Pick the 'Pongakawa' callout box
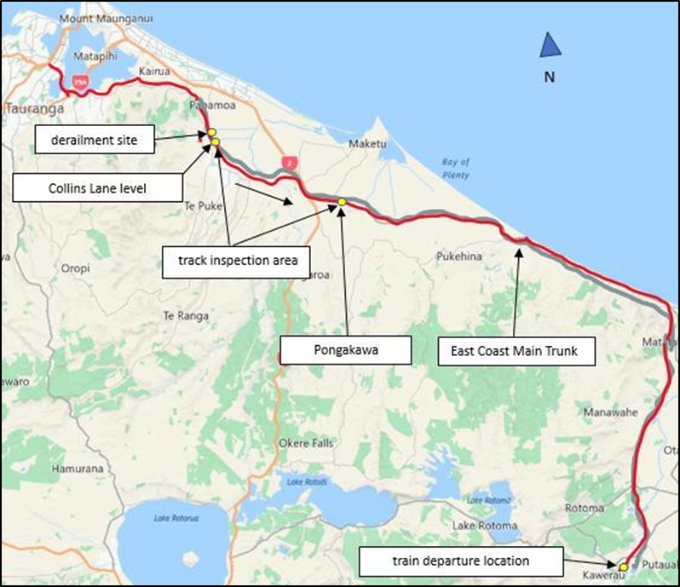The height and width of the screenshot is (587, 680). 346,349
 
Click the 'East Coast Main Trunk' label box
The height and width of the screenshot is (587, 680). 516,349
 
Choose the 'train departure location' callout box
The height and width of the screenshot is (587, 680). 461,561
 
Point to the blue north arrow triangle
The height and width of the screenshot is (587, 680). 550,45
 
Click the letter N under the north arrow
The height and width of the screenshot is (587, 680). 550,77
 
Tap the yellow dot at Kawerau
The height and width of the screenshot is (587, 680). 623,566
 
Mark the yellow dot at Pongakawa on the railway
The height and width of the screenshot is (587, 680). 342,202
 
